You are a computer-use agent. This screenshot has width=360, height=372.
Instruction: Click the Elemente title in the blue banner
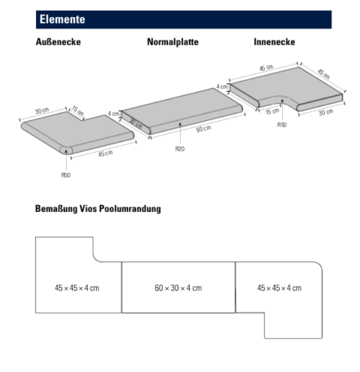click(62, 19)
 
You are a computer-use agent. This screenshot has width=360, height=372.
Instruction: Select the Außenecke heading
click(58, 42)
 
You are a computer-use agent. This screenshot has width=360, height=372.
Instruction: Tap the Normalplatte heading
click(173, 42)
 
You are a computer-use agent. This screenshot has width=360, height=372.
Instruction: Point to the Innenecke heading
click(274, 42)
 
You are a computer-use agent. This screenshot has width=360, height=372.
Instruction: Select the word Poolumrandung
click(130, 209)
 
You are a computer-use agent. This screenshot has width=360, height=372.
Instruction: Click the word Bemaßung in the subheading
click(56, 209)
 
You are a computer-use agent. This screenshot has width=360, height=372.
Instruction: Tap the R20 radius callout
click(180, 149)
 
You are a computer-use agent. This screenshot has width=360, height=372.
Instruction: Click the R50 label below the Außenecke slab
click(66, 175)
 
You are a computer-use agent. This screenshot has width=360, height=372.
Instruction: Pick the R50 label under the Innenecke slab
click(282, 125)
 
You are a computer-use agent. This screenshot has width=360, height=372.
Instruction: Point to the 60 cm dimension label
click(203, 129)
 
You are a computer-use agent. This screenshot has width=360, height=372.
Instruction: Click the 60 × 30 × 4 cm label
click(178, 288)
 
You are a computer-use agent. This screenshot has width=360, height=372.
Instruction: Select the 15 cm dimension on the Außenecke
click(78, 111)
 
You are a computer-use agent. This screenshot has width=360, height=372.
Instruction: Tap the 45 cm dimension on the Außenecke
click(105, 154)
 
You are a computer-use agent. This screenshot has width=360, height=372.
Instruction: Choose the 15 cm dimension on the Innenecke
click(272, 111)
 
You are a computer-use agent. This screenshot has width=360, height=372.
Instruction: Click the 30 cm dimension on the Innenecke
click(326, 112)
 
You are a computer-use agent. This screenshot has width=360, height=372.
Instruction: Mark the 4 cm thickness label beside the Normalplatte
click(113, 113)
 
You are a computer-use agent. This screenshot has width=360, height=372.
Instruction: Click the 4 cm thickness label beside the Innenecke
click(222, 87)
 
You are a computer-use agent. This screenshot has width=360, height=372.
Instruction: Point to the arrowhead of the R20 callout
click(180, 124)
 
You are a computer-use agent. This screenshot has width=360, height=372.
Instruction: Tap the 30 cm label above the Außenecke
click(42, 111)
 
